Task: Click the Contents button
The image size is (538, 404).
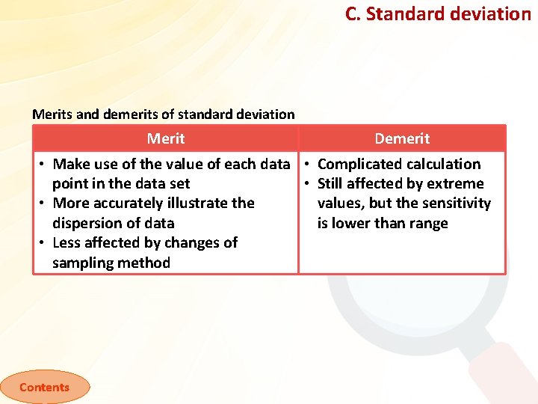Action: coord(44,387)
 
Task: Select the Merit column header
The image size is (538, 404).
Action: coord(165,138)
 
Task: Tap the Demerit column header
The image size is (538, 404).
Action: coord(402,138)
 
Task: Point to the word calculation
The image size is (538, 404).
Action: coord(443,164)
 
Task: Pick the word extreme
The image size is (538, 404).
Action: coord(455,183)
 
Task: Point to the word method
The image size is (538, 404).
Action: coord(146,263)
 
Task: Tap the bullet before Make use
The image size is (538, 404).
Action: coord(44,165)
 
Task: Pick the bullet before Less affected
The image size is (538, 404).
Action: coord(44,243)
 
